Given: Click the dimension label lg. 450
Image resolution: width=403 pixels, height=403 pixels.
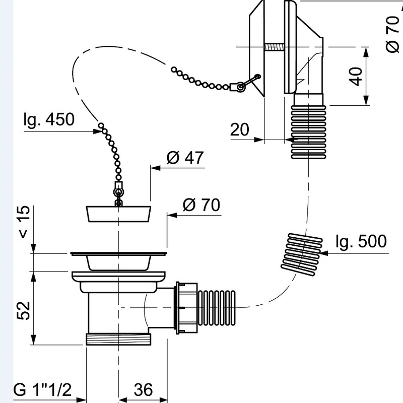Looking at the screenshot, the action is pos(49,119).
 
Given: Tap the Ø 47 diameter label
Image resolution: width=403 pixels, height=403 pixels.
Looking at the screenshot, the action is pos(185,157).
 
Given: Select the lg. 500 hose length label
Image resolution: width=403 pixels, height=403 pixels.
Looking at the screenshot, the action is pos(361,242).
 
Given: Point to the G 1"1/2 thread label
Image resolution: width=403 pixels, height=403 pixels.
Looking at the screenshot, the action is pos(42,389).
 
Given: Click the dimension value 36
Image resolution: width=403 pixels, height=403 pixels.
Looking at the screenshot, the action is pos(143,389).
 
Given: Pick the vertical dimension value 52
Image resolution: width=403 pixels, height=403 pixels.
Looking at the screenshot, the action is pos(24,311).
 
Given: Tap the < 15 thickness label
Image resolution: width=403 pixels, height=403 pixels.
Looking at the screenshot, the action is pos(24,222).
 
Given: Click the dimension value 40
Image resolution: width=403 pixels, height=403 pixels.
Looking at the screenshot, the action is pos(356,77).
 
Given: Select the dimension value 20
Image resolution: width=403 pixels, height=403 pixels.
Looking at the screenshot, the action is pos(240,129).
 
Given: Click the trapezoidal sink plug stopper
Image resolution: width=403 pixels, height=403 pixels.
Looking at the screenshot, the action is pos(118,214).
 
